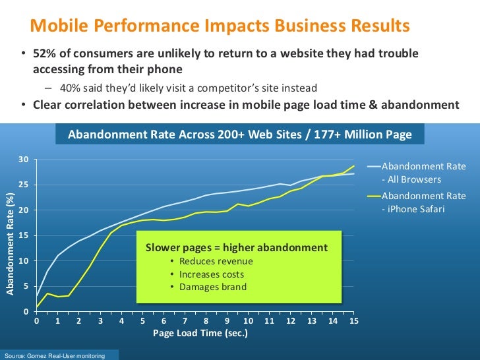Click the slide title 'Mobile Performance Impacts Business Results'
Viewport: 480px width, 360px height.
220,26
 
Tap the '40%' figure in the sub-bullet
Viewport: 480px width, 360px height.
70,87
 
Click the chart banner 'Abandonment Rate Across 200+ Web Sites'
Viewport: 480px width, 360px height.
240,135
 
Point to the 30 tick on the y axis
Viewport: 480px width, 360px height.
24,160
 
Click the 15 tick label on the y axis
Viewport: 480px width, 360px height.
24,235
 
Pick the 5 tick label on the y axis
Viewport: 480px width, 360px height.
26,286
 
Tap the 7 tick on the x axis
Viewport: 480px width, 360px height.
185,321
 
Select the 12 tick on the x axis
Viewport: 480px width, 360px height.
291,321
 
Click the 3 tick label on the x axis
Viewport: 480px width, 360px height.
100,321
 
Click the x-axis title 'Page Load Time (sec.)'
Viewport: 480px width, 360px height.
200,334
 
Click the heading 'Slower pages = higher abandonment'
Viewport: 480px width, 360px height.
236,248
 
